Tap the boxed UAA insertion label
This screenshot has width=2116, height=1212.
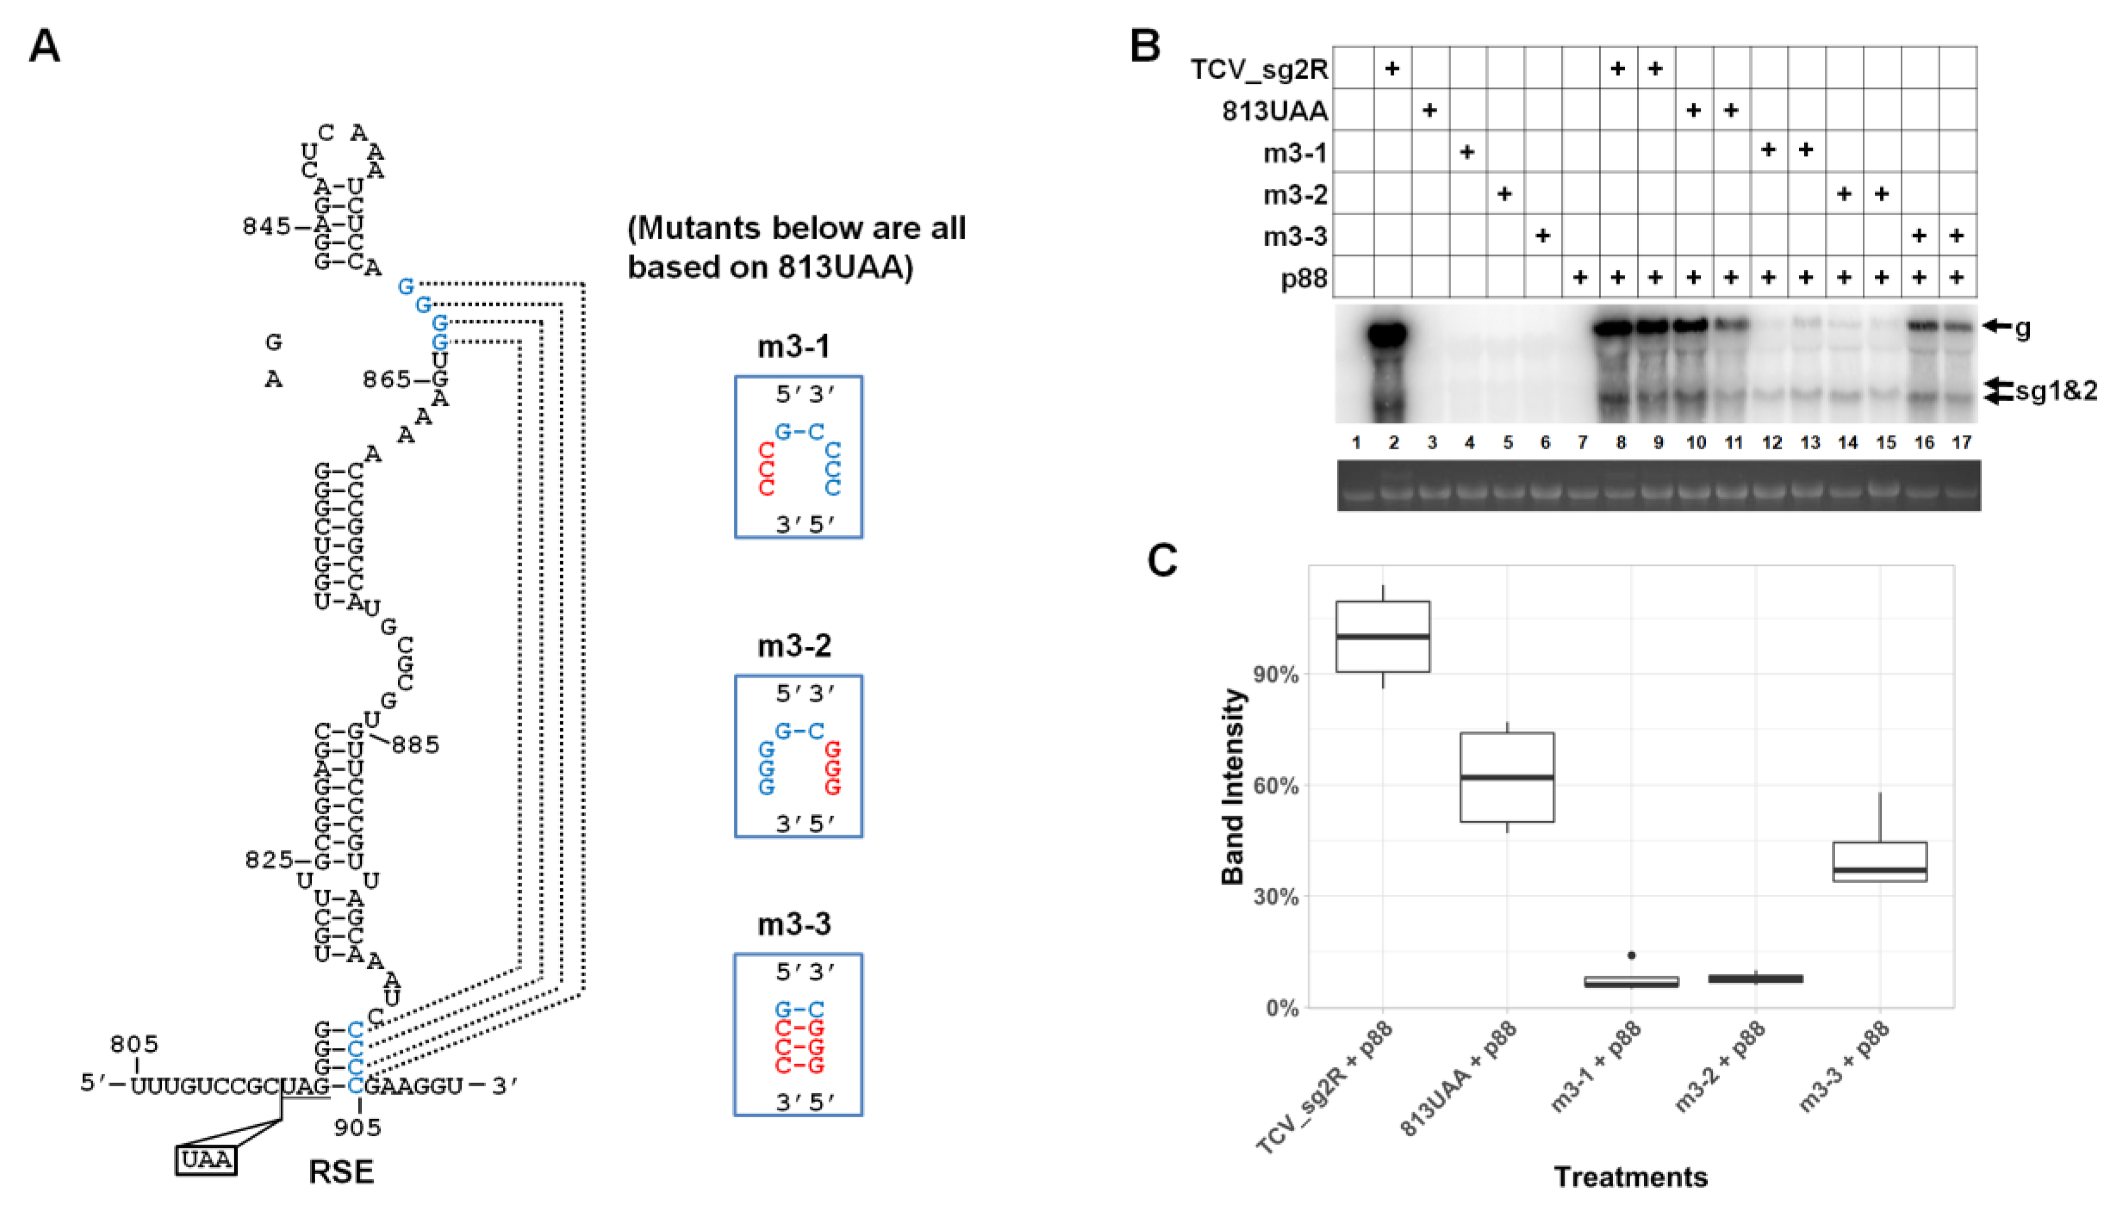pos(206,1160)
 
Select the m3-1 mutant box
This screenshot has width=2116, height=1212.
pos(798,457)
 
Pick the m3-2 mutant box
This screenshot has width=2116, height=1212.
pos(798,756)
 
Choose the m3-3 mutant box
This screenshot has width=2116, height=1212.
pos(798,1035)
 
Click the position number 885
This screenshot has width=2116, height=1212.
pos(415,744)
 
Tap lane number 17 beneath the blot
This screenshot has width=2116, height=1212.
pos(1961,443)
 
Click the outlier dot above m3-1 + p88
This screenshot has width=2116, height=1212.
pos(1631,955)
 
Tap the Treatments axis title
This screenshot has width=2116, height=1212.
pos(1631,1177)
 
